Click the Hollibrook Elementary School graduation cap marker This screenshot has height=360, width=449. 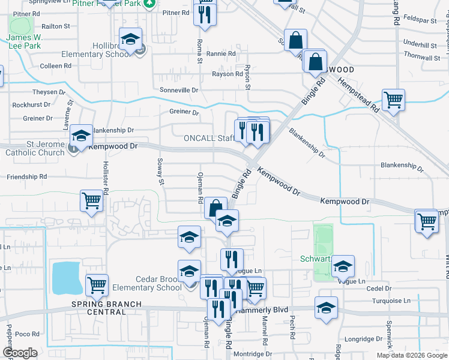tap(130, 40)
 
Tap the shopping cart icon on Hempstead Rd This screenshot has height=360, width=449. tap(393, 100)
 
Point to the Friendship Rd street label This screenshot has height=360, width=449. tap(26, 177)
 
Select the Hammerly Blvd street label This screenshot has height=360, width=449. tap(262, 310)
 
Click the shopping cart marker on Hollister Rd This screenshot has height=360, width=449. tap(91, 201)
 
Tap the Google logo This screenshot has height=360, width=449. tap(20, 353)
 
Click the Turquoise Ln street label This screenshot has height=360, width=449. tap(390, 301)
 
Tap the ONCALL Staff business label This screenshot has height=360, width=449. tap(208, 139)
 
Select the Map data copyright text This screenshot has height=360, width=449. tap(411, 355)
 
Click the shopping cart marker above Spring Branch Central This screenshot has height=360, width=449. tap(97, 286)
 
